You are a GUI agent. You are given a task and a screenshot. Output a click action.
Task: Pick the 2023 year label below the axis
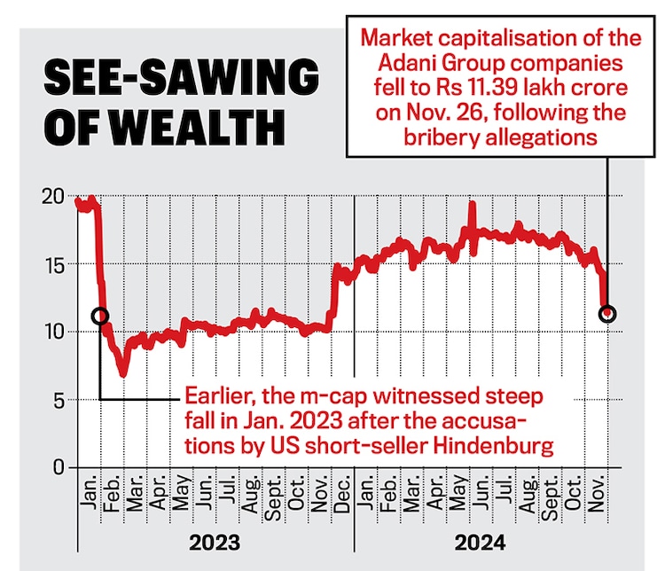(214, 541)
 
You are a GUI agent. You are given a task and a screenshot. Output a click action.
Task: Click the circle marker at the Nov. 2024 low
(607, 314)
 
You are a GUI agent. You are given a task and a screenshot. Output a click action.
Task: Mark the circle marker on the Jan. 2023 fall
(99, 316)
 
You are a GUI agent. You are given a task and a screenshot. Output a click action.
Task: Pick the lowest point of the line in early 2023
(124, 374)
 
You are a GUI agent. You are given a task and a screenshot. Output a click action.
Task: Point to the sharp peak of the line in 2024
(472, 203)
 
